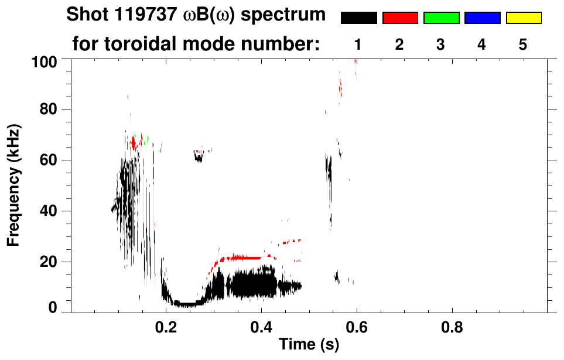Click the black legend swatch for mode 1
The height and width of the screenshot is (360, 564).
[358, 18]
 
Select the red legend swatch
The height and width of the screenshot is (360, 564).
[400, 18]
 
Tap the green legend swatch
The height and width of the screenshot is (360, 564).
[441, 18]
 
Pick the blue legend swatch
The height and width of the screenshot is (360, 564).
[482, 18]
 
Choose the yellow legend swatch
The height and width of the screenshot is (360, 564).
[523, 18]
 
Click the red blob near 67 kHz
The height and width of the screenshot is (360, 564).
[134, 143]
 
